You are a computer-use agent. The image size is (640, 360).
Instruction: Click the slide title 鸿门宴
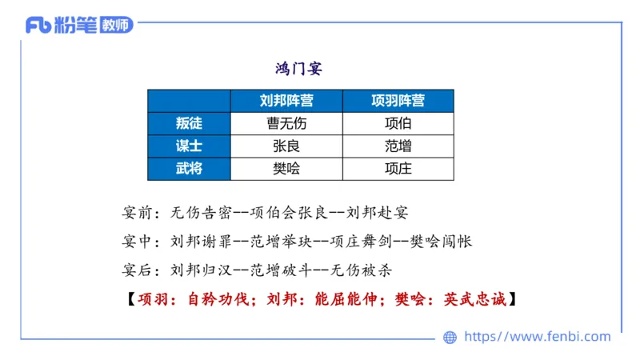[x=298, y=69]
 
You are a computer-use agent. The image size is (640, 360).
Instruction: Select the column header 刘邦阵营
[x=286, y=101]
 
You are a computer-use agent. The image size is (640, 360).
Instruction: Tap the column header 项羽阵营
[x=398, y=101]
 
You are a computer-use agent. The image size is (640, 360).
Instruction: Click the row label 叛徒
[x=189, y=123]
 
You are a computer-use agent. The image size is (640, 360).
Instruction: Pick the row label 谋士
[x=189, y=146]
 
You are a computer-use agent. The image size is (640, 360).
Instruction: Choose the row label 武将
[x=189, y=168]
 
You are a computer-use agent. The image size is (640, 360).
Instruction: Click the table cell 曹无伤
[x=286, y=123]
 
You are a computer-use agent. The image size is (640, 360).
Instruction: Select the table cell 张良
[x=286, y=146]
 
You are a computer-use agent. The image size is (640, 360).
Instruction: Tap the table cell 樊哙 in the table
[x=286, y=168]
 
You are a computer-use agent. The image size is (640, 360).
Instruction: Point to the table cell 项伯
[x=398, y=123]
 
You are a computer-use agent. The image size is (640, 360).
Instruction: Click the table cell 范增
[x=398, y=146]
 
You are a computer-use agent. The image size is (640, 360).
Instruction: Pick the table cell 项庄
[x=398, y=168]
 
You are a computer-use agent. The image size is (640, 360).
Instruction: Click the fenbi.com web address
[x=537, y=337]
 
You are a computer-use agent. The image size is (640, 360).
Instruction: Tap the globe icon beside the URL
[x=450, y=338]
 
